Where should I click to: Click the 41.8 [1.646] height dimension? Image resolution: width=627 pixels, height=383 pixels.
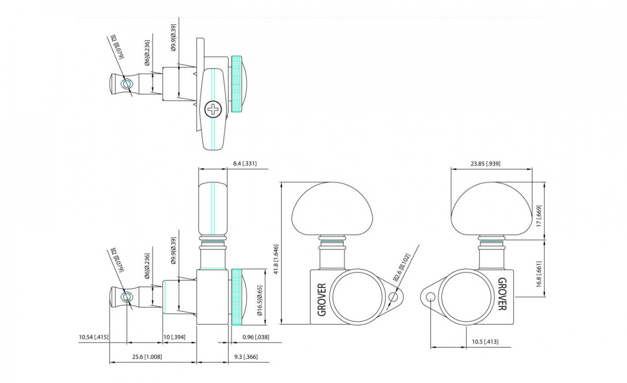click(276, 251)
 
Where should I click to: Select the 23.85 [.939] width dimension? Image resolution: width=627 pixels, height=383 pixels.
click(485, 164)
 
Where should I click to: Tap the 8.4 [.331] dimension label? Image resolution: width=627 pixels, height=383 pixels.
click(245, 164)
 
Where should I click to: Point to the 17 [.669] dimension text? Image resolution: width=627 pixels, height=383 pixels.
click(539, 216)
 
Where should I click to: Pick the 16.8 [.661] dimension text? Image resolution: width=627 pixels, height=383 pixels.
click(539, 274)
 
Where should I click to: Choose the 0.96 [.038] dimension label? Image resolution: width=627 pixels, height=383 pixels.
click(256, 337)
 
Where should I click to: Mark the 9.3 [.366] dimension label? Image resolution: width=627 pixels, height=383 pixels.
click(246, 357)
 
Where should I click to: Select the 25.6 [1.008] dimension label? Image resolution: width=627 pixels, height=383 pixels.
click(146, 357)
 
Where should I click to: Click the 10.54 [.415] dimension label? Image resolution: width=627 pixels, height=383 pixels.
click(94, 337)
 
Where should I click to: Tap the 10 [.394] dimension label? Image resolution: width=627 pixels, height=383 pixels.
click(174, 337)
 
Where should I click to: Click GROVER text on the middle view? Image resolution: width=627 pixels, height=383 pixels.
click(321, 300)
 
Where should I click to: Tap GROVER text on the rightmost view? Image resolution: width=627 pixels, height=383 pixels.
click(502, 294)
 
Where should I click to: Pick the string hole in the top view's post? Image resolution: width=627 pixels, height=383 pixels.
click(126, 85)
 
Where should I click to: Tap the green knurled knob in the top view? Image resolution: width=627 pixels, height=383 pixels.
click(236, 84)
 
